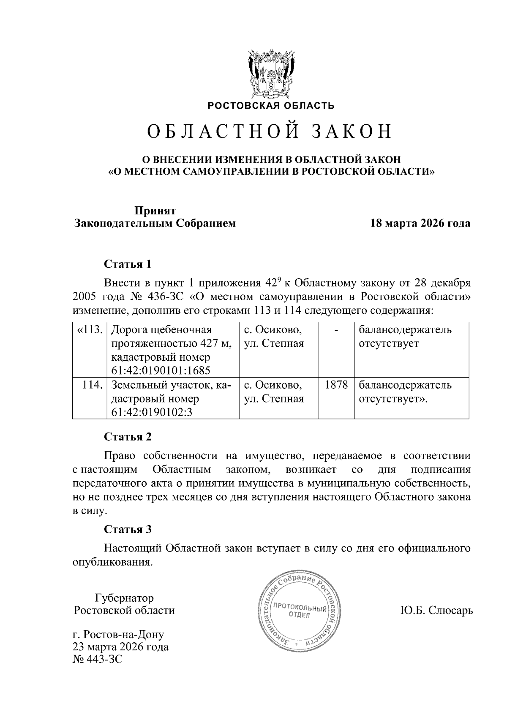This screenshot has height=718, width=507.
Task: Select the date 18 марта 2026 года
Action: coord(420,223)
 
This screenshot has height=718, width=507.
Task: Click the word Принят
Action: coord(155,210)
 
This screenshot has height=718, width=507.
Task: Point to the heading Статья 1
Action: coord(128,264)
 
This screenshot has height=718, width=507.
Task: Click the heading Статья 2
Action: coord(128,437)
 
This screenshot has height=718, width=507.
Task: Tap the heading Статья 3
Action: coord(128,529)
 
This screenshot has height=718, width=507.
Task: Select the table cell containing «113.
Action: coord(90,329)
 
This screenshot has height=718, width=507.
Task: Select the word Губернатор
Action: coord(124,598)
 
